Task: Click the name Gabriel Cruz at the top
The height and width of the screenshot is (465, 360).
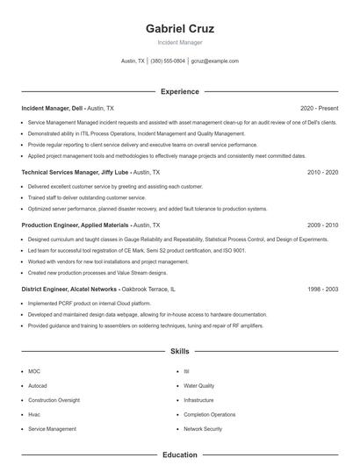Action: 180,28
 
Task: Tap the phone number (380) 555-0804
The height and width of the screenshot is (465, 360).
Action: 168,61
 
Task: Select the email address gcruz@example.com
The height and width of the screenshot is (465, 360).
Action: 215,61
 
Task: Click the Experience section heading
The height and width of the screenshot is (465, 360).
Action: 180,91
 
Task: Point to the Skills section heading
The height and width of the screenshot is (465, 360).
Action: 180,351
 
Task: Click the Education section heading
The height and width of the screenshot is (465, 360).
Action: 180,455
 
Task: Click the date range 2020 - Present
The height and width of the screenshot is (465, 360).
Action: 319,108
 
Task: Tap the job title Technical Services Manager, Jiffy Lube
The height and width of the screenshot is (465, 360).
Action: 73,173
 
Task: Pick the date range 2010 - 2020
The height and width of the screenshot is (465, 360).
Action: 322,173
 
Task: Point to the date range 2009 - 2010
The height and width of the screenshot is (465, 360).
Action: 322,225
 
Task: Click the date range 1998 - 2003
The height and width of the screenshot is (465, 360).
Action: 322,289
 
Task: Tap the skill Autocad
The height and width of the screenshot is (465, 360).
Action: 38,386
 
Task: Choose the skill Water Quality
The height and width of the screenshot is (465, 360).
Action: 198,386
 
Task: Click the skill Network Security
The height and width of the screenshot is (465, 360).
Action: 203,429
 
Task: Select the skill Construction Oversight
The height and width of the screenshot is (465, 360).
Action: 54,400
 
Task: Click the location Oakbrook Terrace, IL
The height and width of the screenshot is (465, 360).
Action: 149,289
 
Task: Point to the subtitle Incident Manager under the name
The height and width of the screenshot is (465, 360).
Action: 180,42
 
